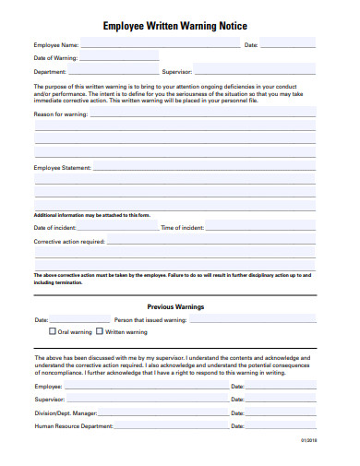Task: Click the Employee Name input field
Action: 157,44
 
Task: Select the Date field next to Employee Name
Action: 288,44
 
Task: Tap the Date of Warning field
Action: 121,58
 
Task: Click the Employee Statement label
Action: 63,168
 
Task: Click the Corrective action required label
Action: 69,241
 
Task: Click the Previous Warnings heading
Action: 176,306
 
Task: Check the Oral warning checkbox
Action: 53,331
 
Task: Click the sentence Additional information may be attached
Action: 91,214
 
